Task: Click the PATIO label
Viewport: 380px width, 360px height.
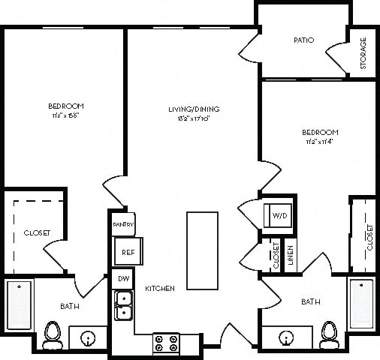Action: [303, 40]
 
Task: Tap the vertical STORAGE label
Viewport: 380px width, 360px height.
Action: [363, 53]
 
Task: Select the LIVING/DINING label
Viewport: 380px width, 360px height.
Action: [193, 109]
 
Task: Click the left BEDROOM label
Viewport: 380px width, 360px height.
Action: [66, 106]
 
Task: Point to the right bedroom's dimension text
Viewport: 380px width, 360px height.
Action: [321, 141]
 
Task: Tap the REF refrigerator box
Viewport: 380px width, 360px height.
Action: [127, 253]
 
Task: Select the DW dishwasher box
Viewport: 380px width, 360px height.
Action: [123, 278]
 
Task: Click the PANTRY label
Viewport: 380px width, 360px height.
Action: [123, 224]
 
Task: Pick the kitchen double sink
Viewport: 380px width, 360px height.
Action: [123, 306]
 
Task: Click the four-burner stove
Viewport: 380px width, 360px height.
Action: [166, 343]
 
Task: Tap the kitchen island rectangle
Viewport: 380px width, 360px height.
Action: [203, 250]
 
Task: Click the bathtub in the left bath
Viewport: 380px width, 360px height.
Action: [20, 304]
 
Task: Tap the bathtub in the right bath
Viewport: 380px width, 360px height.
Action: [362, 302]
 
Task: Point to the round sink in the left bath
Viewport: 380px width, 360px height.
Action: [89, 339]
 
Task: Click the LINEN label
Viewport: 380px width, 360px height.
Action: [290, 254]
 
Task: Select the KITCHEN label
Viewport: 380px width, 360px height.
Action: [160, 288]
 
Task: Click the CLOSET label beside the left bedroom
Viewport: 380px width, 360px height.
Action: [36, 232]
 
